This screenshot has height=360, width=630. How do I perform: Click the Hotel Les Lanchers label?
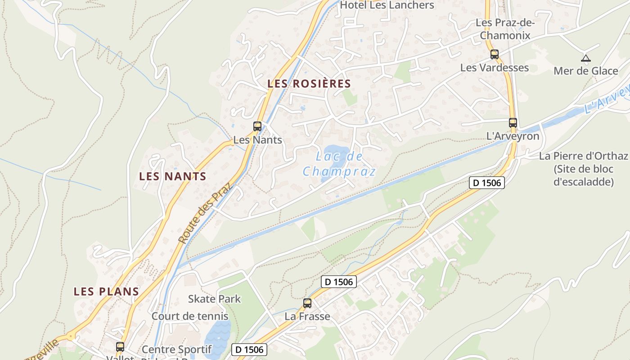click(387, 5)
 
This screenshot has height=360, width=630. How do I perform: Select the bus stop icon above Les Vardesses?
click(495, 54)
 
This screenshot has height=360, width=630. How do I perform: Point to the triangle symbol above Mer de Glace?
click(585, 58)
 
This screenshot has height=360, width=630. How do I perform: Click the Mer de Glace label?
click(585, 71)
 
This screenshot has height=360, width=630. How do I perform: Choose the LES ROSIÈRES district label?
click(309, 84)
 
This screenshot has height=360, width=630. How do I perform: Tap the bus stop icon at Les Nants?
click(257, 126)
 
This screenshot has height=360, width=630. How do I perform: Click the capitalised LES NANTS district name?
click(172, 176)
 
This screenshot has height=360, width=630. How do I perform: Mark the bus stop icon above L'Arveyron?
click(513, 122)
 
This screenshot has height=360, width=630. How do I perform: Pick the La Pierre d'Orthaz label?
click(583, 157)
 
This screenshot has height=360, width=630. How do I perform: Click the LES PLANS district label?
click(106, 292)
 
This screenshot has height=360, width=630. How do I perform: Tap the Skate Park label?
click(214, 299)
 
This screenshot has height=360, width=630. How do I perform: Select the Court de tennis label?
click(190, 316)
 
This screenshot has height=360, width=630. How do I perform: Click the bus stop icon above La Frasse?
click(307, 303)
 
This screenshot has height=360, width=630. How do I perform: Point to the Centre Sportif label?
click(176, 349)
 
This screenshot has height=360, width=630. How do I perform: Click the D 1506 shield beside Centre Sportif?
click(249, 349)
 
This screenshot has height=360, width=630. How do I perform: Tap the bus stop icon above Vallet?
click(120, 347)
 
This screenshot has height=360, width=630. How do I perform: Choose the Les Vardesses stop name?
click(494, 67)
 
